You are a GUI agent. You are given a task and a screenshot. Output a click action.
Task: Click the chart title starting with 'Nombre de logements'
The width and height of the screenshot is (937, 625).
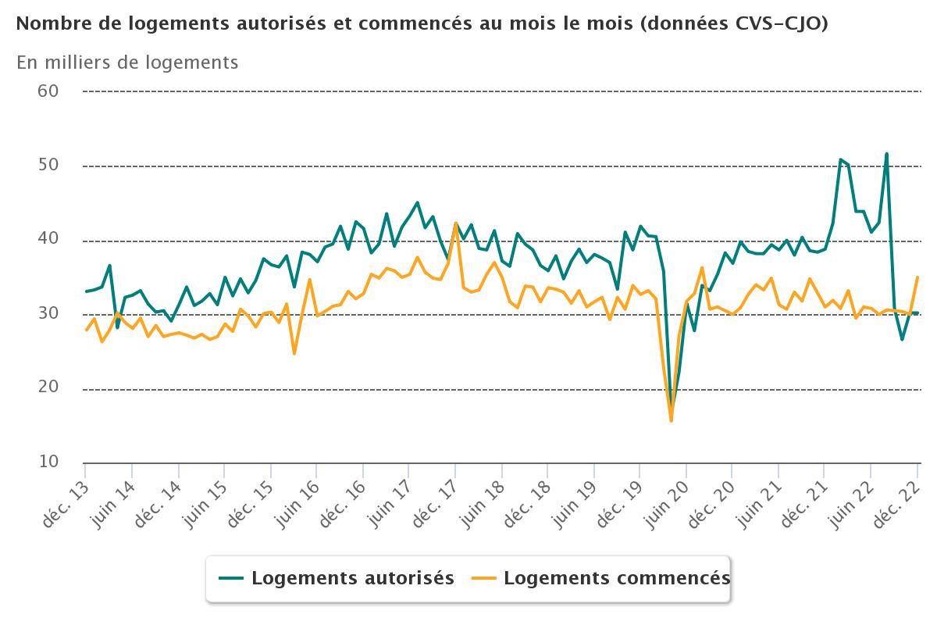click(x=422, y=23)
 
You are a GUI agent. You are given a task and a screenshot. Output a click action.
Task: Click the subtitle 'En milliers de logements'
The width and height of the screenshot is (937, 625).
click(x=127, y=62)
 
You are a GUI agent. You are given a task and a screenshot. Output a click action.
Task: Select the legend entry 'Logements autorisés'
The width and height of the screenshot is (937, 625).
click(x=352, y=578)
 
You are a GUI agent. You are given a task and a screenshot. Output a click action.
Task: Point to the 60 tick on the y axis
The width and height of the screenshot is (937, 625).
click(x=48, y=91)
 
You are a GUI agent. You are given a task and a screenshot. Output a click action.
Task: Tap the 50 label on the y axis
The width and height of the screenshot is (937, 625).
click(x=48, y=165)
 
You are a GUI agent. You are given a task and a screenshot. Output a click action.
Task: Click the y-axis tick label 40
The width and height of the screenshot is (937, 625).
click(x=48, y=239)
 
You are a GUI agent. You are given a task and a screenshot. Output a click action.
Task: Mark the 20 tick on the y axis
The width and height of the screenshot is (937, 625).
click(x=48, y=387)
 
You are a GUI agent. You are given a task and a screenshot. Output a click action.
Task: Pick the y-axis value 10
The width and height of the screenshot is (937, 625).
click(x=48, y=462)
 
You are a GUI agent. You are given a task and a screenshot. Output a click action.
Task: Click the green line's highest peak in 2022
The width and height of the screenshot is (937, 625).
click(x=886, y=154)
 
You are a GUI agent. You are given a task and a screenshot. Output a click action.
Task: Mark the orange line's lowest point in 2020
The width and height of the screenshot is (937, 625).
click(x=671, y=421)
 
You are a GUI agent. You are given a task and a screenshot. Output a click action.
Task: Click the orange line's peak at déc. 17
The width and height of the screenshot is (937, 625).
click(x=456, y=223)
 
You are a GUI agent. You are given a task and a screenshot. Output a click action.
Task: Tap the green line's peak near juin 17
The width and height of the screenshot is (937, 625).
click(x=417, y=202)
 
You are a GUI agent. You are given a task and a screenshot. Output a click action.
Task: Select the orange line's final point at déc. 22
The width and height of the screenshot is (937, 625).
click(x=917, y=277)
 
